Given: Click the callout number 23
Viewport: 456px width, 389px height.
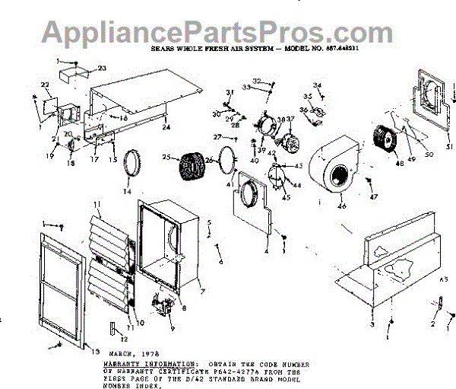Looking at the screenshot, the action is pyautogui.click(x=102, y=68).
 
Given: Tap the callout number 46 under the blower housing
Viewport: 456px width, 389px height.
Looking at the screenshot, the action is pyautogui.click(x=342, y=206).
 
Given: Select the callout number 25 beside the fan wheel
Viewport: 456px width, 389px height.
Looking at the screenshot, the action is pyautogui.click(x=166, y=157).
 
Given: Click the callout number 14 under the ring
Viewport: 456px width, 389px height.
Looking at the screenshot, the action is pyautogui.click(x=127, y=191).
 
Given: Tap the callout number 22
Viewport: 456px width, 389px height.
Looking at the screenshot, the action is pyautogui.click(x=45, y=84).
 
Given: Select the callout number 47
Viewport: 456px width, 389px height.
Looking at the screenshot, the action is pyautogui.click(x=373, y=197).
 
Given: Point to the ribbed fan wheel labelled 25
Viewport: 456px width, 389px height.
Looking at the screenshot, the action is pyautogui.click(x=187, y=167).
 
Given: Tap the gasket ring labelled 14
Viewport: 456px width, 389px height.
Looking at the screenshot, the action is pyautogui.click(x=136, y=164).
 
